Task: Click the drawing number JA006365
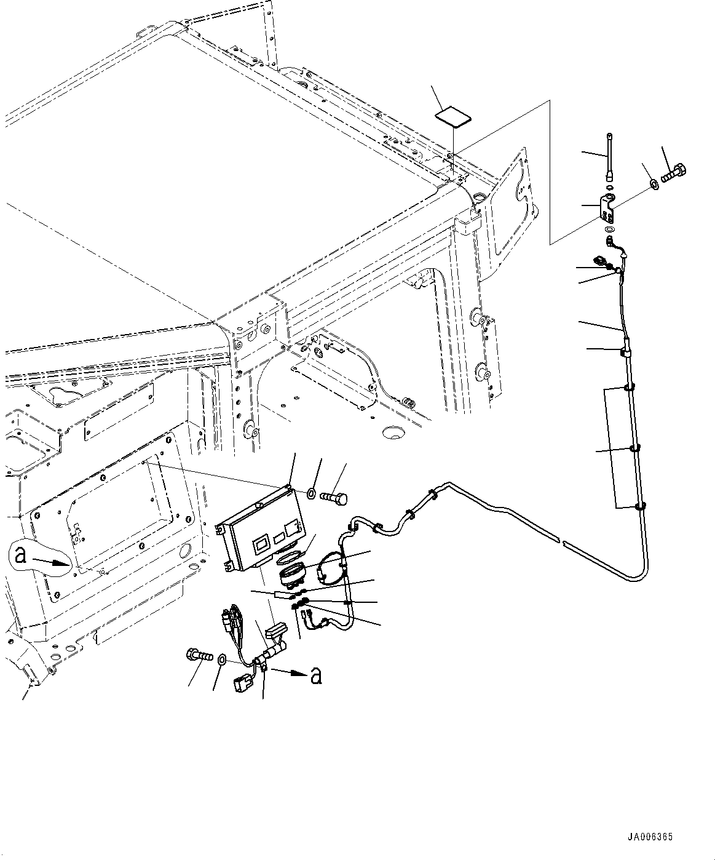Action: [x=650, y=837]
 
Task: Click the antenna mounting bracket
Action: [x=608, y=209]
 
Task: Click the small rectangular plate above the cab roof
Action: [x=453, y=116]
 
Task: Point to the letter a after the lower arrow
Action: [x=315, y=675]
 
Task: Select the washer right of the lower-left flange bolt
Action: [x=220, y=660]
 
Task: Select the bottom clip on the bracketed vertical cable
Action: [x=639, y=506]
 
